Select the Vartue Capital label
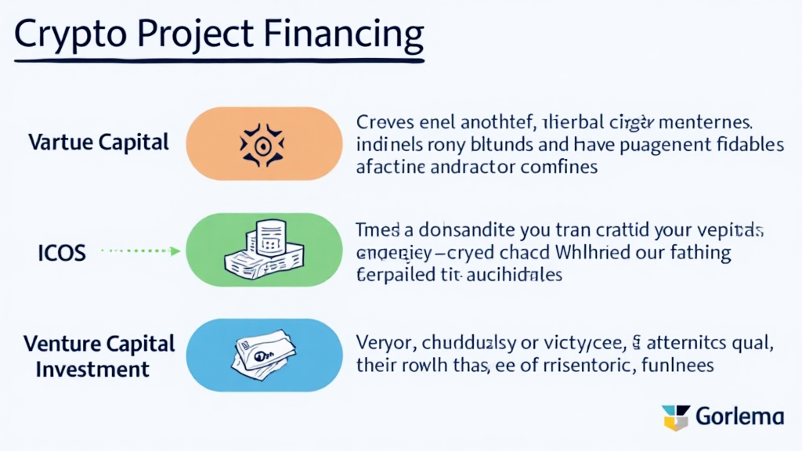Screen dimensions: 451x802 (x=98, y=143)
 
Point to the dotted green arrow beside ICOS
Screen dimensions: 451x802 (x=142, y=251)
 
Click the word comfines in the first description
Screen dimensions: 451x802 (x=553, y=166)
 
